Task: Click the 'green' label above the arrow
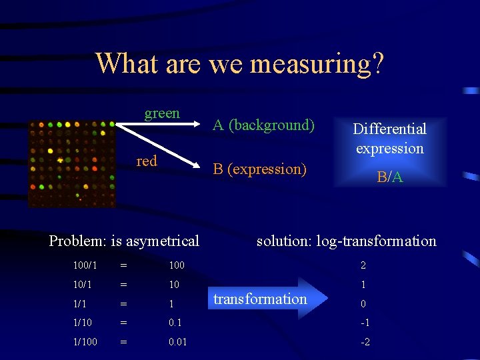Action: tap(162, 113)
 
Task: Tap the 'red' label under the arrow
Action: tap(147, 161)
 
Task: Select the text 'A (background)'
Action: tap(263, 125)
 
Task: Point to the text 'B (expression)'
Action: tap(259, 169)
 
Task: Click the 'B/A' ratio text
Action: tap(390, 177)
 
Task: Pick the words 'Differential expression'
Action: tap(390, 139)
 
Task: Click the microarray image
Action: tap(72, 163)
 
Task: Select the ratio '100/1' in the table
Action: tap(85, 265)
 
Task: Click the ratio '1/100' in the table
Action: tap(85, 341)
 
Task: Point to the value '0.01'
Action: tap(177, 341)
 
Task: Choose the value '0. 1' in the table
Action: tap(175, 323)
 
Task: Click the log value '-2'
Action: tap(365, 341)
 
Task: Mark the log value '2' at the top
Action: tap(363, 265)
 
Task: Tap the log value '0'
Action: tap(363, 304)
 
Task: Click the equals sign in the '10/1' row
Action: tap(123, 285)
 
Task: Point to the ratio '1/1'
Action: tap(80, 304)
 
